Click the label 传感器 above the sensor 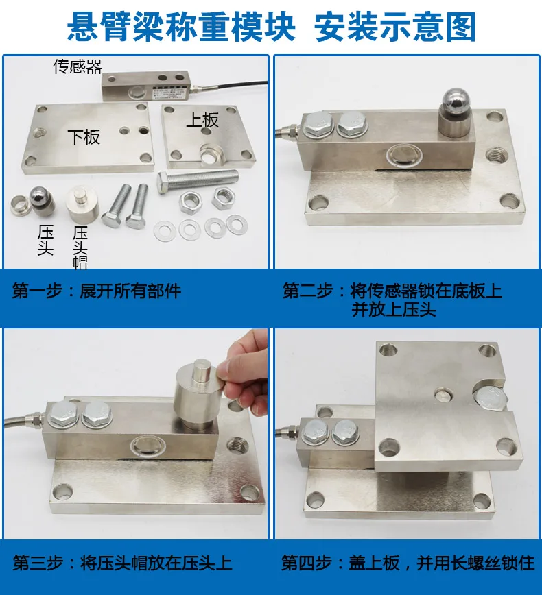coord(78,66)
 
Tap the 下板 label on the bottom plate coord(84,136)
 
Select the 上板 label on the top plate coord(202,120)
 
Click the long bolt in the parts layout coord(198,182)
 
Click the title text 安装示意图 coord(395,27)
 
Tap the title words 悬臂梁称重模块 coord(181,27)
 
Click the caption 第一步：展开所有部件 coord(97,291)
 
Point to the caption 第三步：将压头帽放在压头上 coord(122,563)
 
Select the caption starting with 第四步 coord(408,563)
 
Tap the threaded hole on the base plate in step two coord(496,155)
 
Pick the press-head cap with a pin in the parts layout coord(82,204)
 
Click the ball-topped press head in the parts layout coord(42,200)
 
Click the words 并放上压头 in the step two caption coord(394,310)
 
